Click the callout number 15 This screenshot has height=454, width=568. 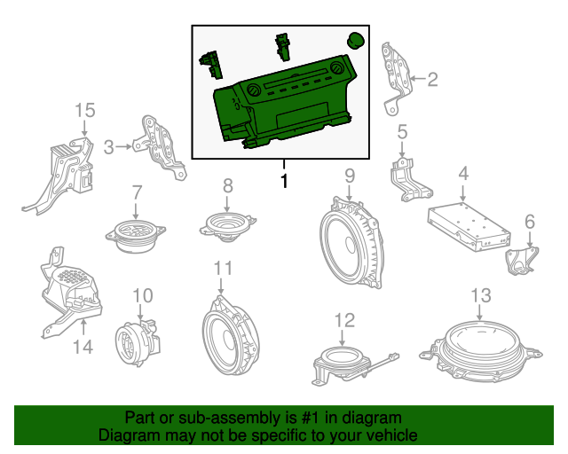point(84,110)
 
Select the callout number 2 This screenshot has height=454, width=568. point(432,81)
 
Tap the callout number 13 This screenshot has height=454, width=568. point(480,295)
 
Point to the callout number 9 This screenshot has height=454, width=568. point(350,175)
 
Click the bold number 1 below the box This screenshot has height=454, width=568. point(284,182)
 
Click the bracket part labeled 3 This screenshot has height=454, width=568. point(161,145)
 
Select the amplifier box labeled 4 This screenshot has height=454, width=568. point(468,223)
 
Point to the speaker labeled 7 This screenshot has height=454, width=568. point(136,232)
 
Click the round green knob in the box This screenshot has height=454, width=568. point(355,39)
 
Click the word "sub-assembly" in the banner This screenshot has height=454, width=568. point(205,417)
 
